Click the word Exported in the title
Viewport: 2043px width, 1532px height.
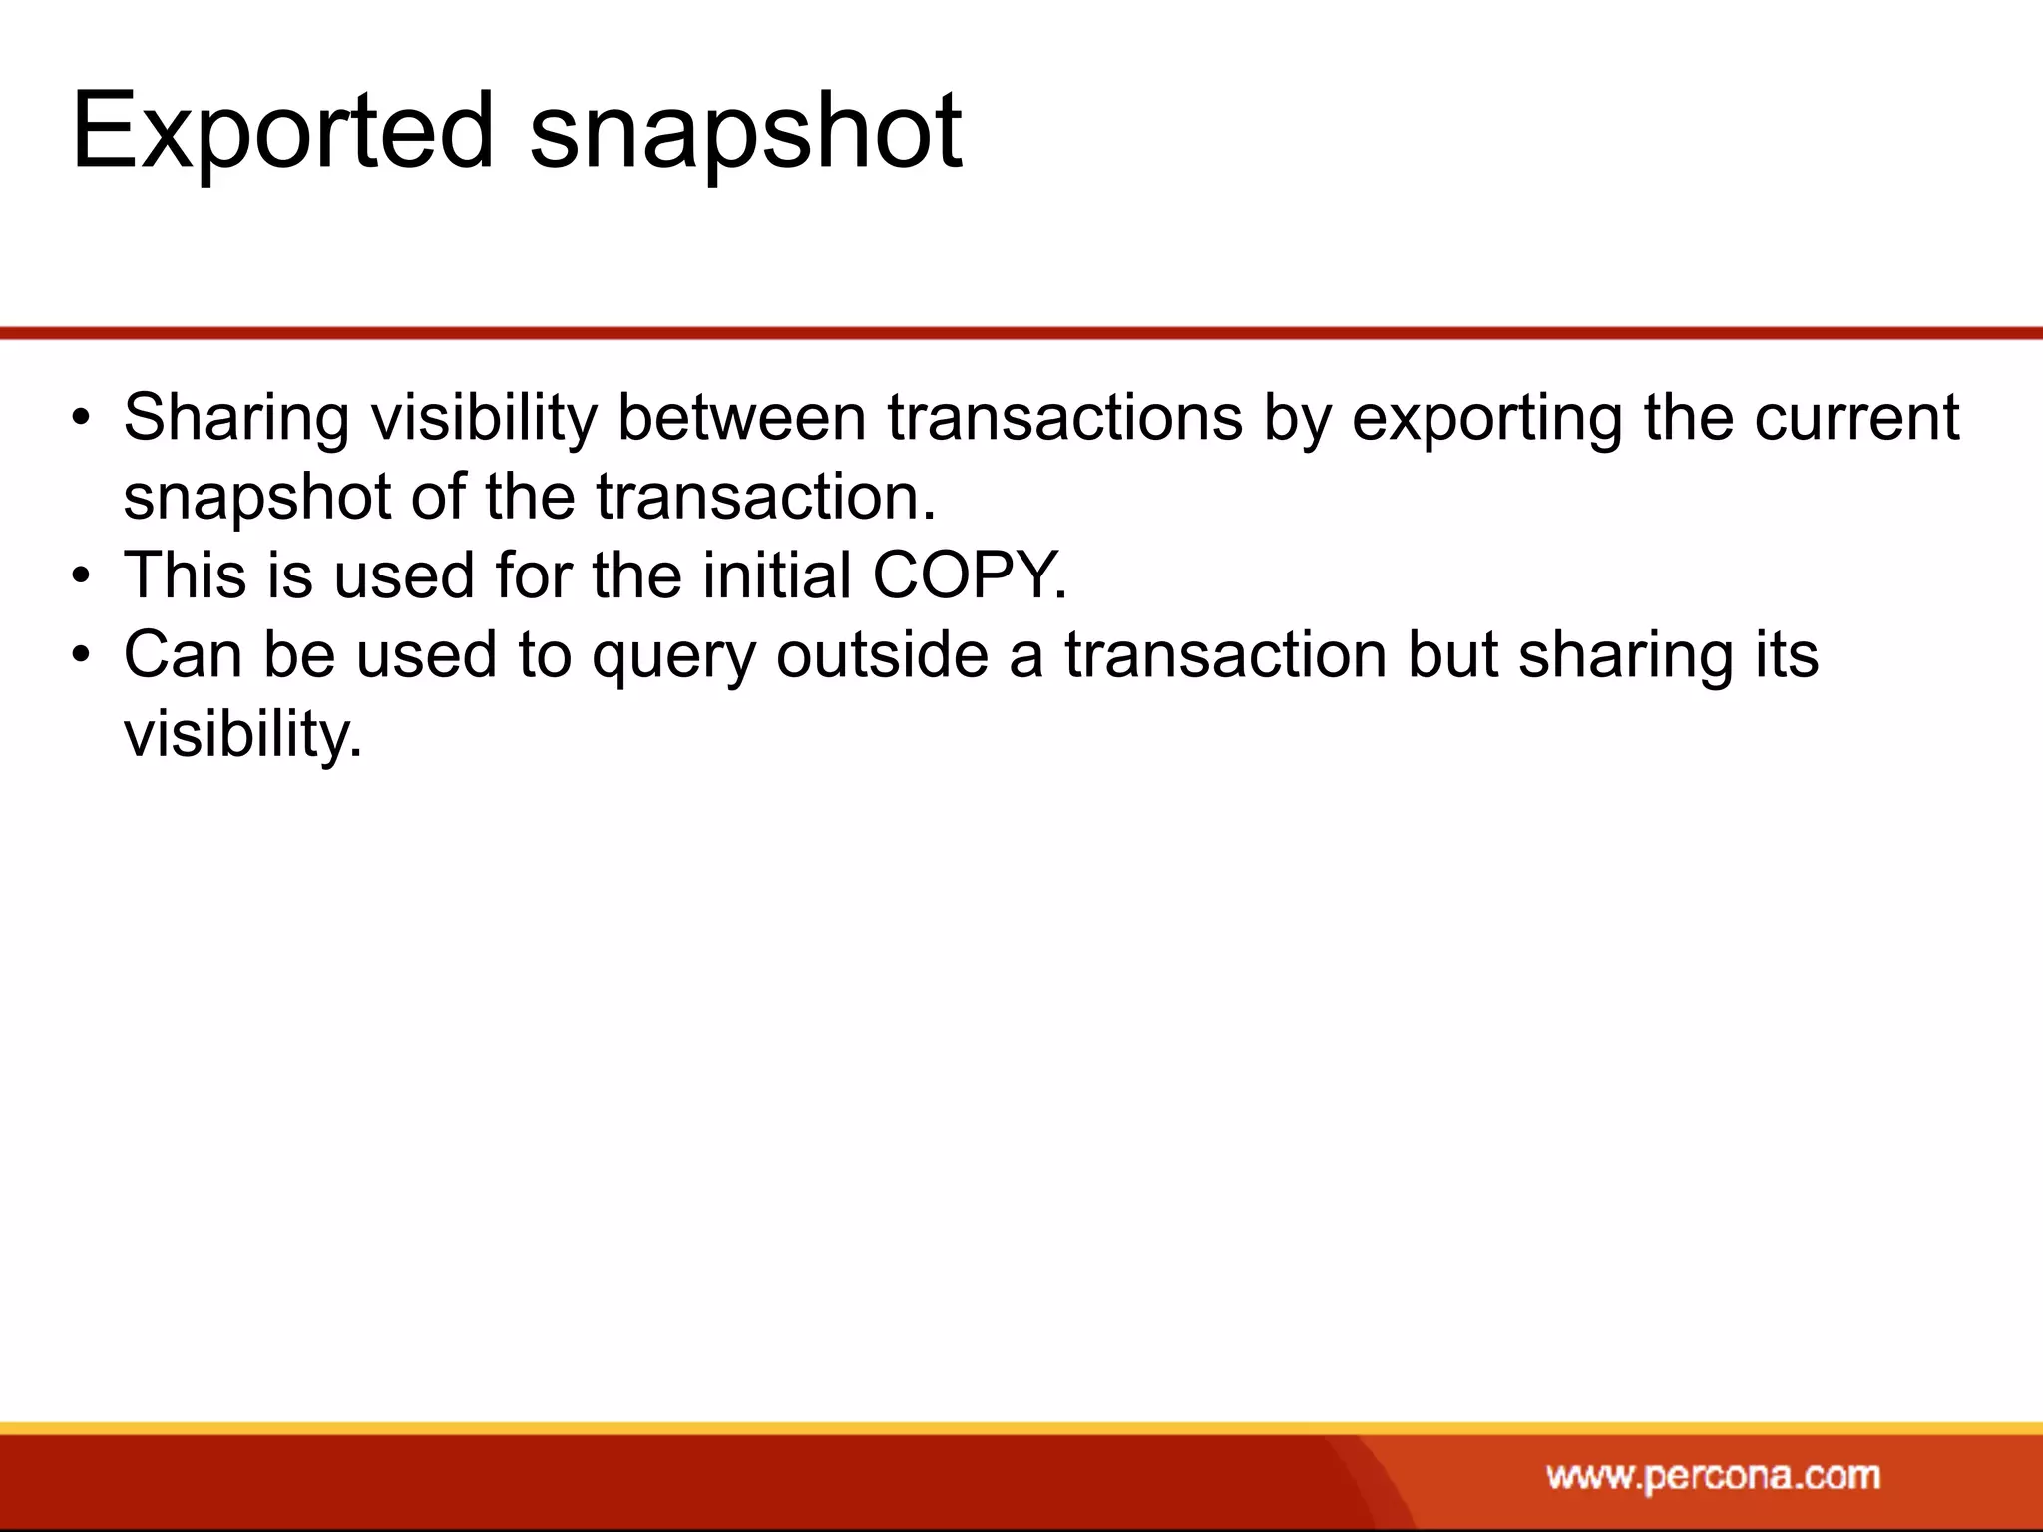[282, 131]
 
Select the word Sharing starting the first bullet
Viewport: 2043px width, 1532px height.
[236, 419]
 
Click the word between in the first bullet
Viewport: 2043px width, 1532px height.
[741, 417]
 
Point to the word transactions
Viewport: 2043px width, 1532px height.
[1064, 417]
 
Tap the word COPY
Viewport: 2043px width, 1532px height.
[969, 575]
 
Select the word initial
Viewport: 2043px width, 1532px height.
[776, 575]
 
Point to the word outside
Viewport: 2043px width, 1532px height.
[881, 655]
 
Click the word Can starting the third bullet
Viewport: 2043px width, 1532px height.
[183, 655]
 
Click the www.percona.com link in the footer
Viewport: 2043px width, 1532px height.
[1713, 1475]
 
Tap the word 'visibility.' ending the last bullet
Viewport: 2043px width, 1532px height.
[242, 736]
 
